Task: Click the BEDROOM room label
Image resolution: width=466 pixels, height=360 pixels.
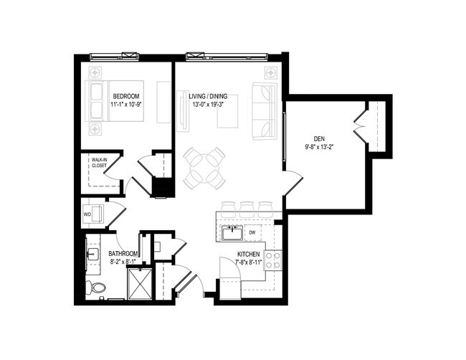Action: coord(126,95)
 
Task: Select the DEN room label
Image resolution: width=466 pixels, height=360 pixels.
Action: coord(319,138)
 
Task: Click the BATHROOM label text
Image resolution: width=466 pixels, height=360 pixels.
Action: coord(123,254)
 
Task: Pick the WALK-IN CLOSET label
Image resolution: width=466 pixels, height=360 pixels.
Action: coord(99,162)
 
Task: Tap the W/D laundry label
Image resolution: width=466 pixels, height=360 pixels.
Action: coord(88,213)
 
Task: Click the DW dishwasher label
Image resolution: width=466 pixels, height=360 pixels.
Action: coord(252,232)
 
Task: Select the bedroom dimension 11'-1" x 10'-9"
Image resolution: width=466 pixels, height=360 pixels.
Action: coord(126,105)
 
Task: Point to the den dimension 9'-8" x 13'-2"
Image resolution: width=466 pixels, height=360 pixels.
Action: coord(319,148)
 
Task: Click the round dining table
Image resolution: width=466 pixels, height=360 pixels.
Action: coord(204,168)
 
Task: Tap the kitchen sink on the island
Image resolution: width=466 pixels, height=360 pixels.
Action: coord(231,232)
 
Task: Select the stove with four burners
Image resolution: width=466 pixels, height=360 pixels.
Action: coord(273,260)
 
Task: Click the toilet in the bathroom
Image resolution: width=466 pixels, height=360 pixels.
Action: coord(96,288)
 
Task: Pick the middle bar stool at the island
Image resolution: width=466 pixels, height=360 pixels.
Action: coord(247,209)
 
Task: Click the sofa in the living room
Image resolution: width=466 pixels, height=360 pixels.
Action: coord(265,111)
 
